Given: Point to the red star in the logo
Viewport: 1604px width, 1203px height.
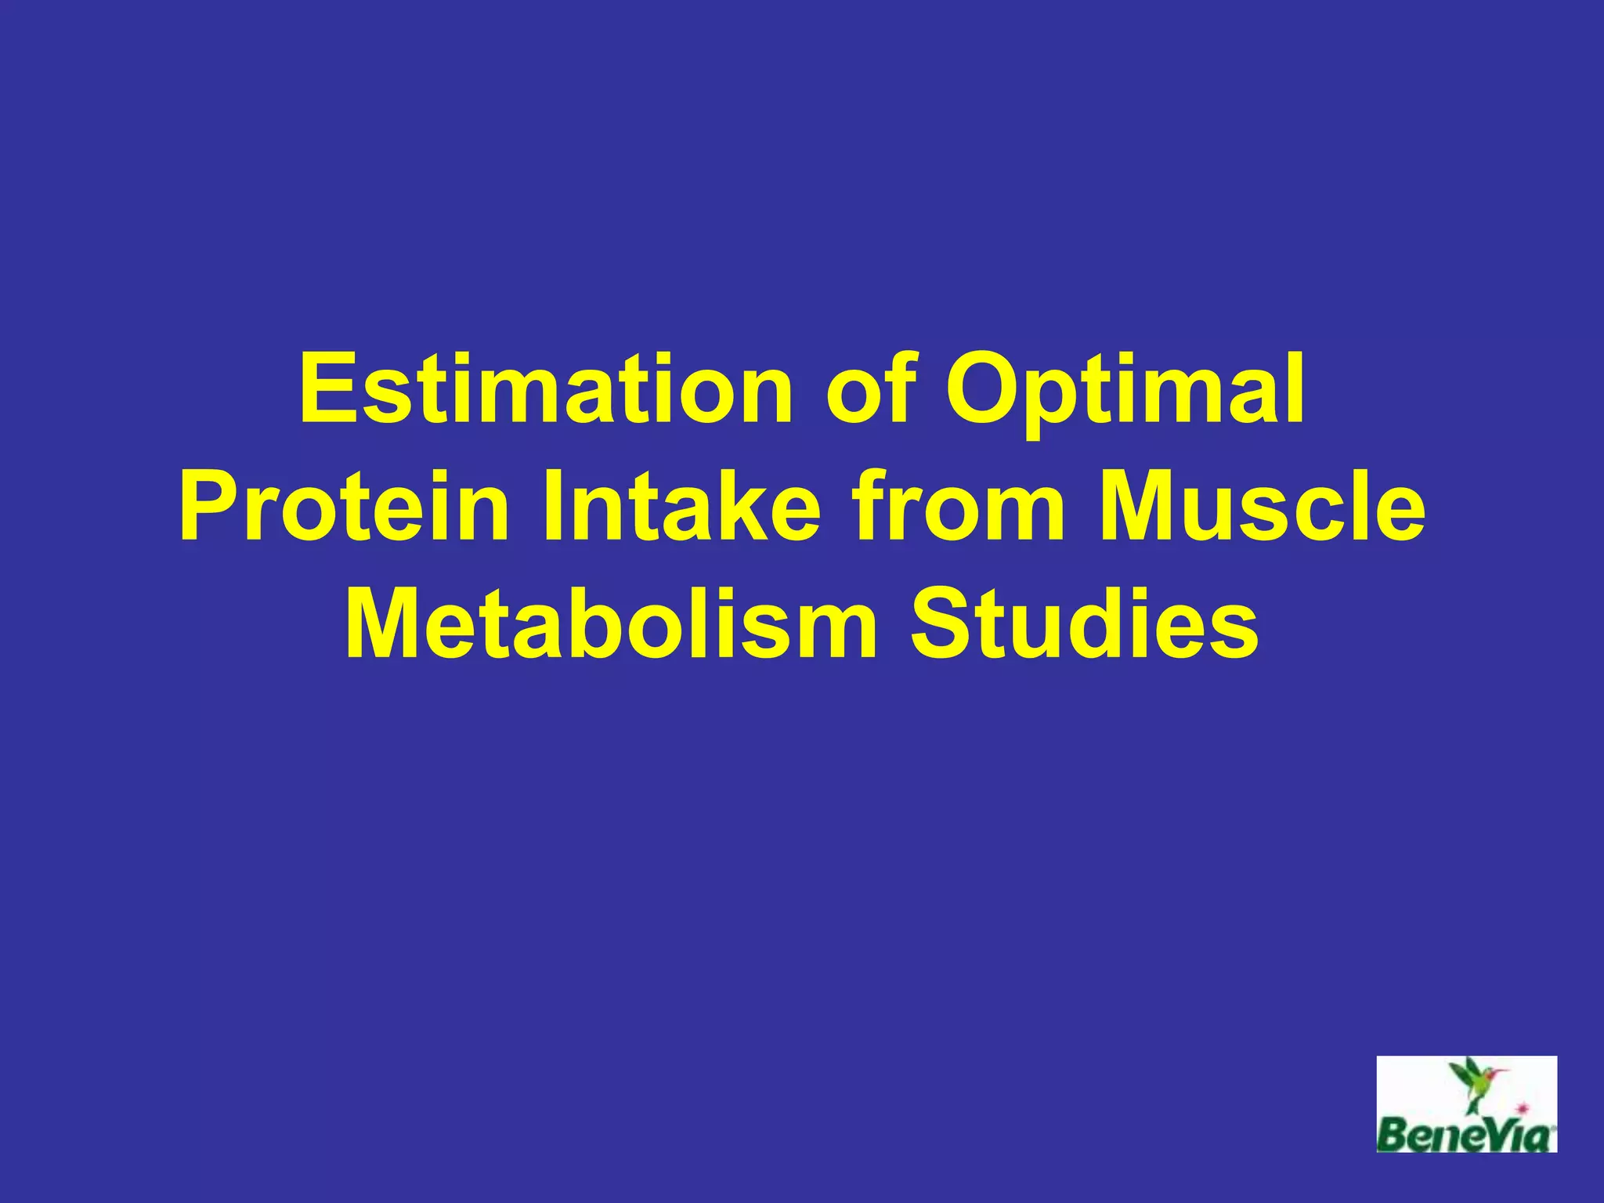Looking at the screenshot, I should click(x=1523, y=1107).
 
